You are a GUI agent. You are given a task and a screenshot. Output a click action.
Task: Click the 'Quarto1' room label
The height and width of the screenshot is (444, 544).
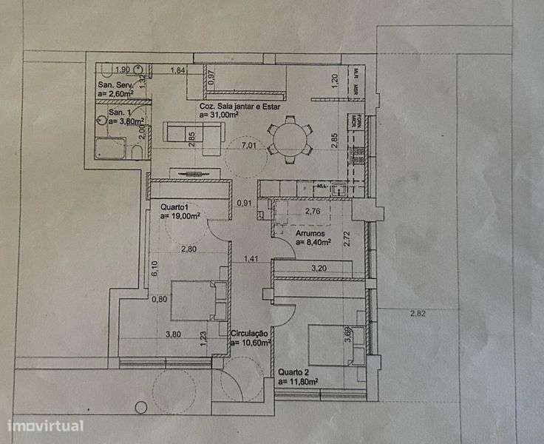pos(174,206)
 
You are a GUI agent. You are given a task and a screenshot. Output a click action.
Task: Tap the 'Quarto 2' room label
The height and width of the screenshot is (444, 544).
pos(294,372)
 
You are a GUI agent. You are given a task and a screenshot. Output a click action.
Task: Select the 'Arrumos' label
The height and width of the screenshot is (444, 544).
pos(311,232)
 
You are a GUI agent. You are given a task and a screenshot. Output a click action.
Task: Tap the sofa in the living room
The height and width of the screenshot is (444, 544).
pos(193,133)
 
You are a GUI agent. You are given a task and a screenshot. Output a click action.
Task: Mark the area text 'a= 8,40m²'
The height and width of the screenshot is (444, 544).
pos(313,241)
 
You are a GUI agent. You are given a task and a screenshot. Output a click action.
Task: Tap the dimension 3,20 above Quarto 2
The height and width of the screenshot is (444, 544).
pos(320,268)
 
